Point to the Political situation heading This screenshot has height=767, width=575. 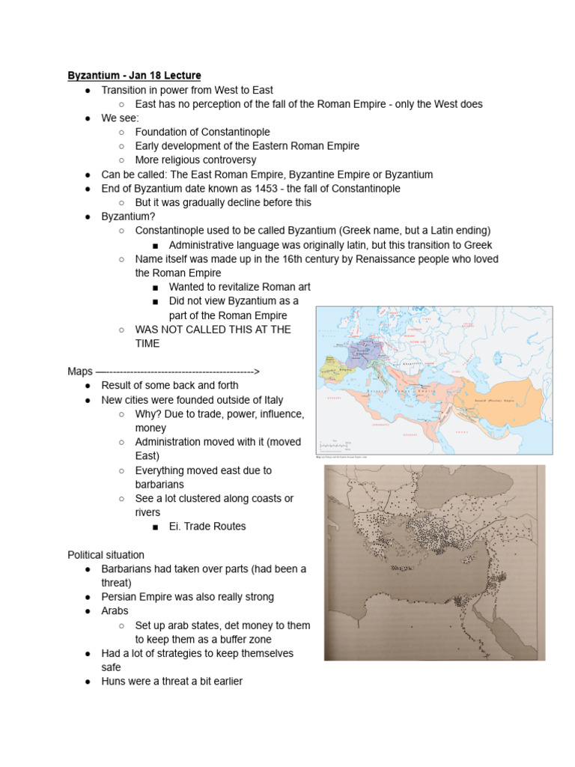[x=106, y=555]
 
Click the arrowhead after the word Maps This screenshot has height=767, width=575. [x=256, y=372]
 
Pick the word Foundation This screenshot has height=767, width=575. [x=162, y=133]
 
